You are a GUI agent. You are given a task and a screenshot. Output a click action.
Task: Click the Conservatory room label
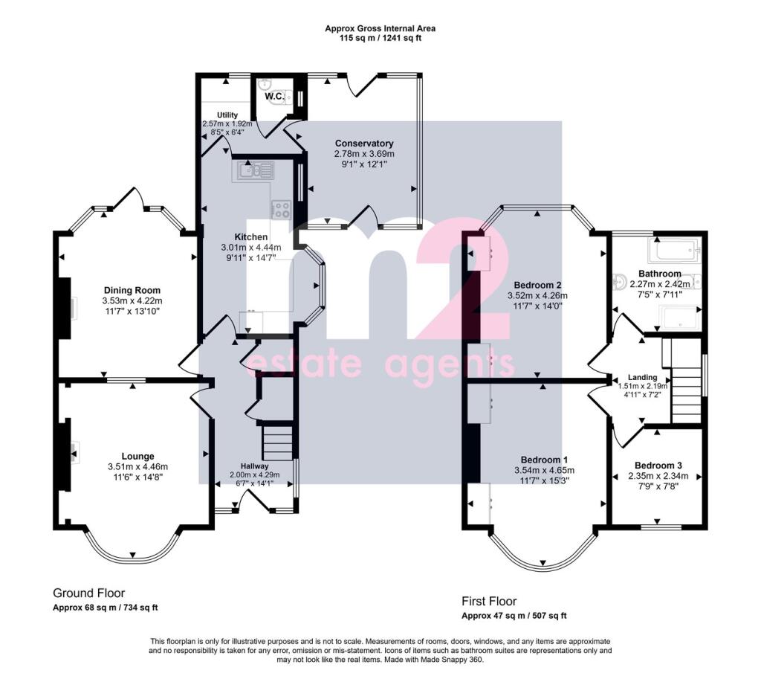click(x=364, y=144)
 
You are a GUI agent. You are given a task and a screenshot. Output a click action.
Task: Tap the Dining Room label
click(x=132, y=291)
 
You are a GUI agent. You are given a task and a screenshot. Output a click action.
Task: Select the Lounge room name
click(x=137, y=457)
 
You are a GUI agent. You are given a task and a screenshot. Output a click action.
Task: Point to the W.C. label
click(x=274, y=96)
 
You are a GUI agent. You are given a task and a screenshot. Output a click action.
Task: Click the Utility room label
click(x=227, y=115)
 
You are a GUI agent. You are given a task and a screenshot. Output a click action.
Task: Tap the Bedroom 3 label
click(x=658, y=466)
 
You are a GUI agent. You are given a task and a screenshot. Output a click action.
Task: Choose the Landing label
click(x=643, y=377)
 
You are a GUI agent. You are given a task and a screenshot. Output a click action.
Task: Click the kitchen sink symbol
click(x=256, y=171)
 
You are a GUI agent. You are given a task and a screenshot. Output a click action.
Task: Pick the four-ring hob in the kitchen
click(x=282, y=209)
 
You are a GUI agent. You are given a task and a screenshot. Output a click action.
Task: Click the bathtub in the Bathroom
click(x=675, y=251)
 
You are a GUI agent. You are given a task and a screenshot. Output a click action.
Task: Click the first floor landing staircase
click(x=687, y=394)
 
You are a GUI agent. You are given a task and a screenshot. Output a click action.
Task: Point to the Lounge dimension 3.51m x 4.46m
click(x=137, y=467)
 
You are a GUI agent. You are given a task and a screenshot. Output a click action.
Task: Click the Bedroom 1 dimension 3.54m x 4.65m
click(x=545, y=470)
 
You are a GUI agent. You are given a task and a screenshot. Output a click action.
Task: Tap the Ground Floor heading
click(x=89, y=593)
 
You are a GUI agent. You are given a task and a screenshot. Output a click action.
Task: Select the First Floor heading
click(x=489, y=601)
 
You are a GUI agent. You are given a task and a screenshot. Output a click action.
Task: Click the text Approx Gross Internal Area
click(x=380, y=28)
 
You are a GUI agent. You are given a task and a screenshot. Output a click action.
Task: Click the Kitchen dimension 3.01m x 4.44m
click(x=251, y=248)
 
